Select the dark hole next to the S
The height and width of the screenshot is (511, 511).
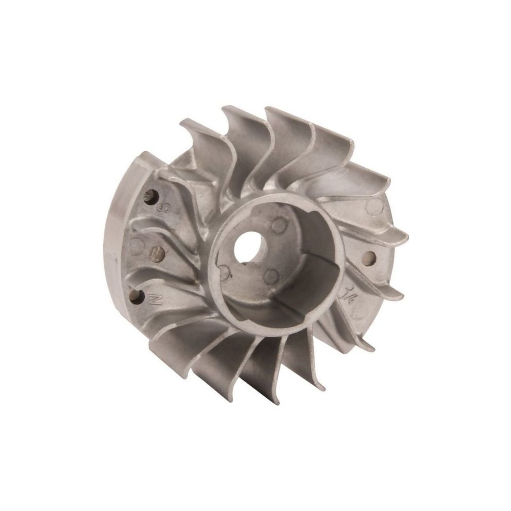[x=150, y=196]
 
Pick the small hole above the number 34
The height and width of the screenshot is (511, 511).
[x=369, y=258]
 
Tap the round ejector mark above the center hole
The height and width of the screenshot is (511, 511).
[x=278, y=225]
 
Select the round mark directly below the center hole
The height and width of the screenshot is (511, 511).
[x=271, y=276]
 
